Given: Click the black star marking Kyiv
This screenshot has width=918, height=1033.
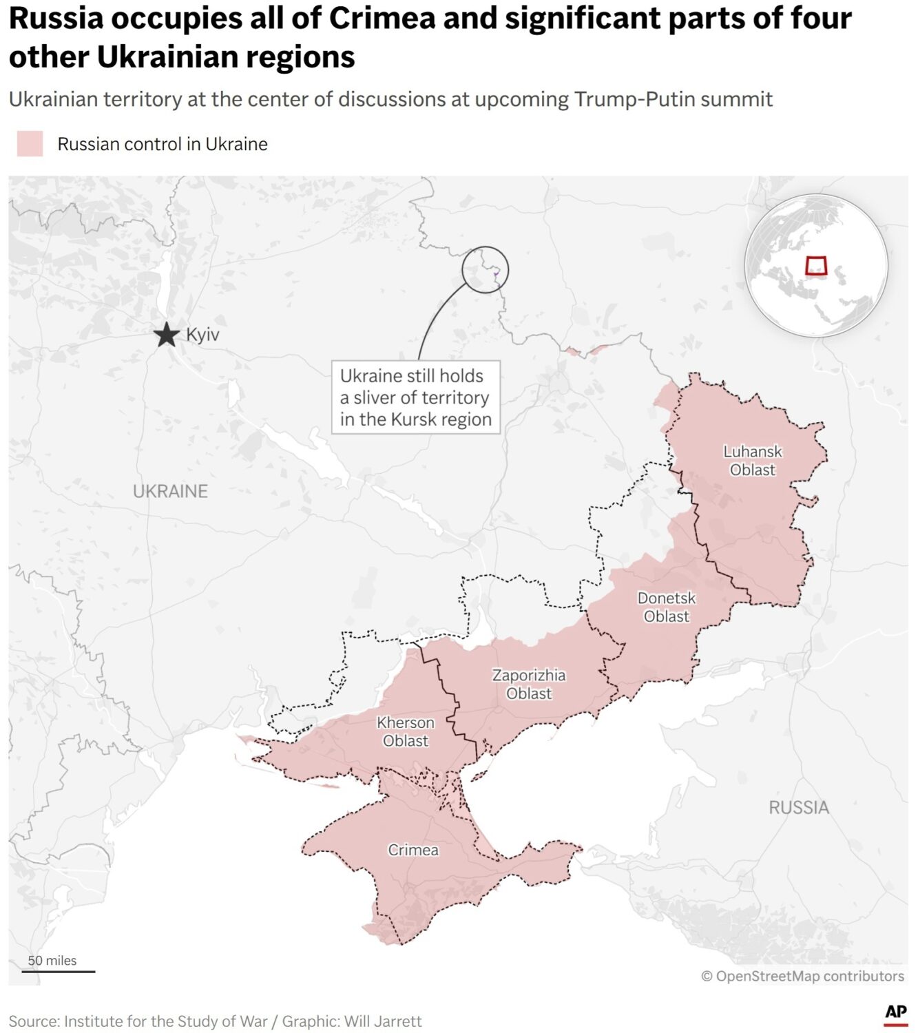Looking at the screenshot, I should tap(166, 335).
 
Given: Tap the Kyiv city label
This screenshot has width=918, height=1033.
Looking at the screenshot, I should tap(202, 335).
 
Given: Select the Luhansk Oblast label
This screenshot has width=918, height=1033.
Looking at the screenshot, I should tap(752, 461).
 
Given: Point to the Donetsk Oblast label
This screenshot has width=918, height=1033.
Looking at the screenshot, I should tap(666, 607).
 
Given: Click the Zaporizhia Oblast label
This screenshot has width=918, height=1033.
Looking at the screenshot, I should tap(528, 685).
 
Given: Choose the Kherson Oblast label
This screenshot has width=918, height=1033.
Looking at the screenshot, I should tap(406, 731).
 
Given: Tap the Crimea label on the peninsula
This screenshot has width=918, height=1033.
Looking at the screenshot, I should tap(413, 850).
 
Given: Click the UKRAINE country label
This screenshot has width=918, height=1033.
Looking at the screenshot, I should tap(170, 491).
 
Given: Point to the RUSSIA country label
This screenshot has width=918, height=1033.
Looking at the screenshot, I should tap(798, 807).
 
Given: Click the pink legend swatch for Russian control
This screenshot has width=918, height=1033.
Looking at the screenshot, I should tap(30, 144).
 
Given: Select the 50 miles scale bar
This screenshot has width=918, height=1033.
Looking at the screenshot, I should tap(58, 971).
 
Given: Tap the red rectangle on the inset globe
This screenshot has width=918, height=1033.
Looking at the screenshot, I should tap(816, 266).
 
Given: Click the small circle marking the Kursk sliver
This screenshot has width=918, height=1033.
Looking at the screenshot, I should tap(485, 270).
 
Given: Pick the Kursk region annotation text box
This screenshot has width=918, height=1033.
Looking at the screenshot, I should tap(415, 397).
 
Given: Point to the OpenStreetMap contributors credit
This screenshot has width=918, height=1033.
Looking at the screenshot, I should tap(802, 976).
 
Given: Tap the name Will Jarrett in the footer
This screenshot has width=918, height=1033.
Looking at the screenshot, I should tap(383, 1021).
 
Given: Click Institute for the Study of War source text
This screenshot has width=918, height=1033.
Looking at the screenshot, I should tap(165, 1021).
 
